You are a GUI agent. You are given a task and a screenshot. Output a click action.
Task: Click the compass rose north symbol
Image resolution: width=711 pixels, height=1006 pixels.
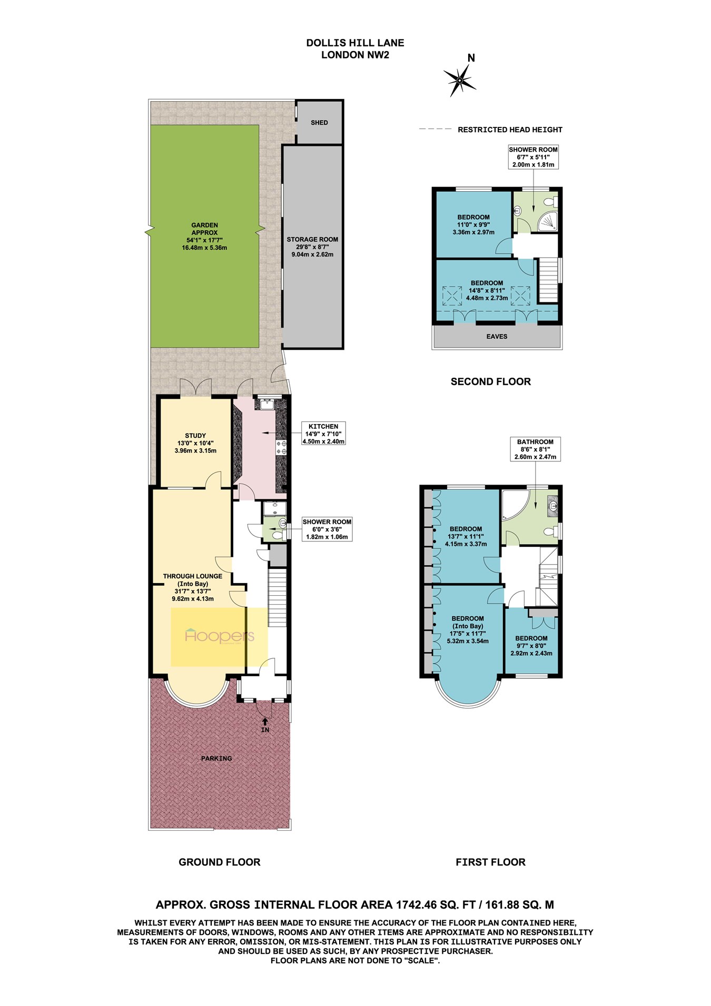pyautogui.click(x=460, y=80)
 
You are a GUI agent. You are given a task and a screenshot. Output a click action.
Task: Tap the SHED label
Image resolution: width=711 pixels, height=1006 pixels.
pyautogui.click(x=319, y=123)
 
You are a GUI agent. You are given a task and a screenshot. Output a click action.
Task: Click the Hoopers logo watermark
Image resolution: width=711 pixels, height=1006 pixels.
pyautogui.click(x=220, y=636)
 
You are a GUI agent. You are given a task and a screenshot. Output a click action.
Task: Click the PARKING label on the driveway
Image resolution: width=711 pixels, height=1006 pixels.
pyautogui.click(x=216, y=758)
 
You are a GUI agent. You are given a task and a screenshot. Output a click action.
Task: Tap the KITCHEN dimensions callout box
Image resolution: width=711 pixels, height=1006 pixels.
pyautogui.click(x=323, y=433)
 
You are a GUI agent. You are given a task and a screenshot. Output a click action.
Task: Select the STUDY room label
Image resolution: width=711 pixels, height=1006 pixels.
pyautogui.click(x=195, y=436)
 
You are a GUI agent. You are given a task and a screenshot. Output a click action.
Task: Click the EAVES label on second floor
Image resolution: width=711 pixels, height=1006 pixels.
pyautogui.click(x=497, y=337)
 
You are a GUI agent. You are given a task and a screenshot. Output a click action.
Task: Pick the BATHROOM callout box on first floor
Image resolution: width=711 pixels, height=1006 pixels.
pyautogui.click(x=535, y=449)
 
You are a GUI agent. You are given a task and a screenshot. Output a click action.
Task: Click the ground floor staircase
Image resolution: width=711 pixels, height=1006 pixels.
pyautogui.click(x=278, y=597)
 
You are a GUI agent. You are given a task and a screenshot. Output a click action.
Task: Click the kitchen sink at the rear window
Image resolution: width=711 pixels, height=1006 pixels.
pyautogui.click(x=266, y=404)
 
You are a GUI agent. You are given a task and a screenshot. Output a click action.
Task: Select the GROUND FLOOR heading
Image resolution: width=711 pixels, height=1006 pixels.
pyautogui.click(x=220, y=862)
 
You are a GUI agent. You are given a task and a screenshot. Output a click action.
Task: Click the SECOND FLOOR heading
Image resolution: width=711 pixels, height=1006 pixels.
pyautogui.click(x=490, y=382)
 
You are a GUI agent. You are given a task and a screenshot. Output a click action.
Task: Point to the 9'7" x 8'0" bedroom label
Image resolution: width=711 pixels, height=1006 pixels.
pyautogui.click(x=531, y=646)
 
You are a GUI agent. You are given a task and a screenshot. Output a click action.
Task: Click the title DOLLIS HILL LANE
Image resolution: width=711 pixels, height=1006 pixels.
pyautogui.click(x=355, y=43)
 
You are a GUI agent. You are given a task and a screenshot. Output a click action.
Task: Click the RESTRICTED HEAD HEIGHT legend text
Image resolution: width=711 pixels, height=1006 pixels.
pyautogui.click(x=510, y=130)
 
